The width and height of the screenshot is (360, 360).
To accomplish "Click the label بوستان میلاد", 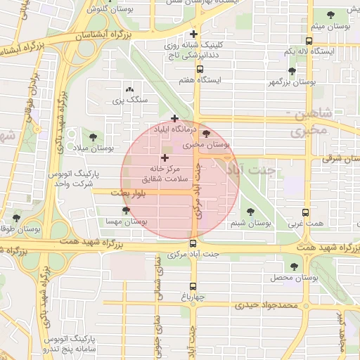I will click(x=94, y=148).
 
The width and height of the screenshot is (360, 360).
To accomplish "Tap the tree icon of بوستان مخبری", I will click(x=205, y=134).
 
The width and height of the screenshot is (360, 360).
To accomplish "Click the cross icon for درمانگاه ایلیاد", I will click(x=174, y=118).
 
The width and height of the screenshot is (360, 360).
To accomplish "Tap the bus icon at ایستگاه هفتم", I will click(x=200, y=69).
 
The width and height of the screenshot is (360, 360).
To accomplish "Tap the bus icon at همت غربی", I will click(x=305, y=212).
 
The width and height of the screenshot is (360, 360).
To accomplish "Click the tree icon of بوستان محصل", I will click(x=293, y=266).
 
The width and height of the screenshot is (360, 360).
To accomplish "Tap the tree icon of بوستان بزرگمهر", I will click(x=292, y=71).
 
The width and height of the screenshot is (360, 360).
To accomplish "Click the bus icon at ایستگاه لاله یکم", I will click(x=310, y=41).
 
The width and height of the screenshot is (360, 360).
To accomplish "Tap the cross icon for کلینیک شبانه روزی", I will click(x=194, y=33).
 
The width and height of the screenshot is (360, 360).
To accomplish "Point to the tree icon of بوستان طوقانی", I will click(x=16, y=218).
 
